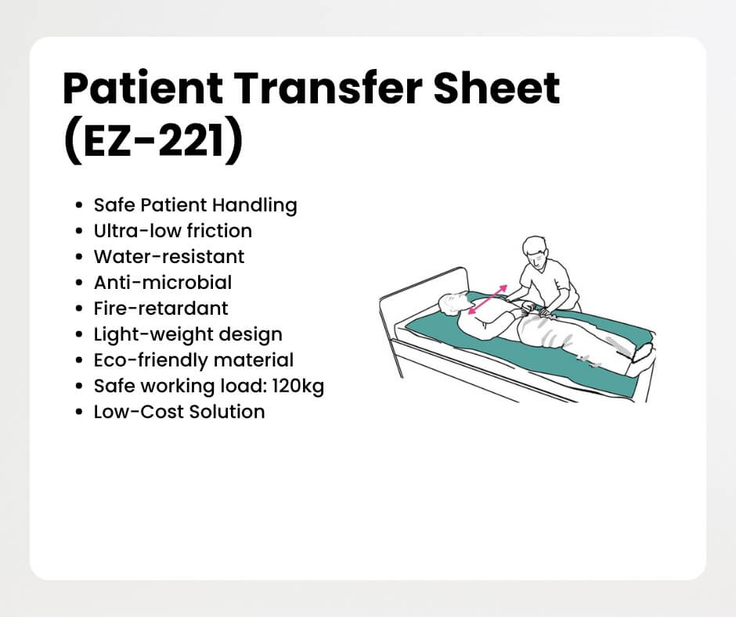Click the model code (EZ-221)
pyautogui.click(x=153, y=142)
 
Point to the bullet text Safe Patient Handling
pyautogui.click(x=195, y=206)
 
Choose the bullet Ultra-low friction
pyautogui.click(x=173, y=231)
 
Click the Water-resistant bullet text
pyautogui.click(x=169, y=257)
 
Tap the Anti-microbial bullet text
pyautogui.click(x=163, y=283)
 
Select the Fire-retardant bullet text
pyautogui.click(x=161, y=308)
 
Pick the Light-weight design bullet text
pyautogui.click(x=188, y=335)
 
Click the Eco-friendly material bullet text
pyautogui.click(x=193, y=361)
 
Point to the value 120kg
pyautogui.click(x=298, y=387)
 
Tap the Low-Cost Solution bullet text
pyautogui.click(x=179, y=412)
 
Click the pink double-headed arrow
pyautogui.click(x=488, y=300)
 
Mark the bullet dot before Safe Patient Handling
pyautogui.click(x=79, y=206)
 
